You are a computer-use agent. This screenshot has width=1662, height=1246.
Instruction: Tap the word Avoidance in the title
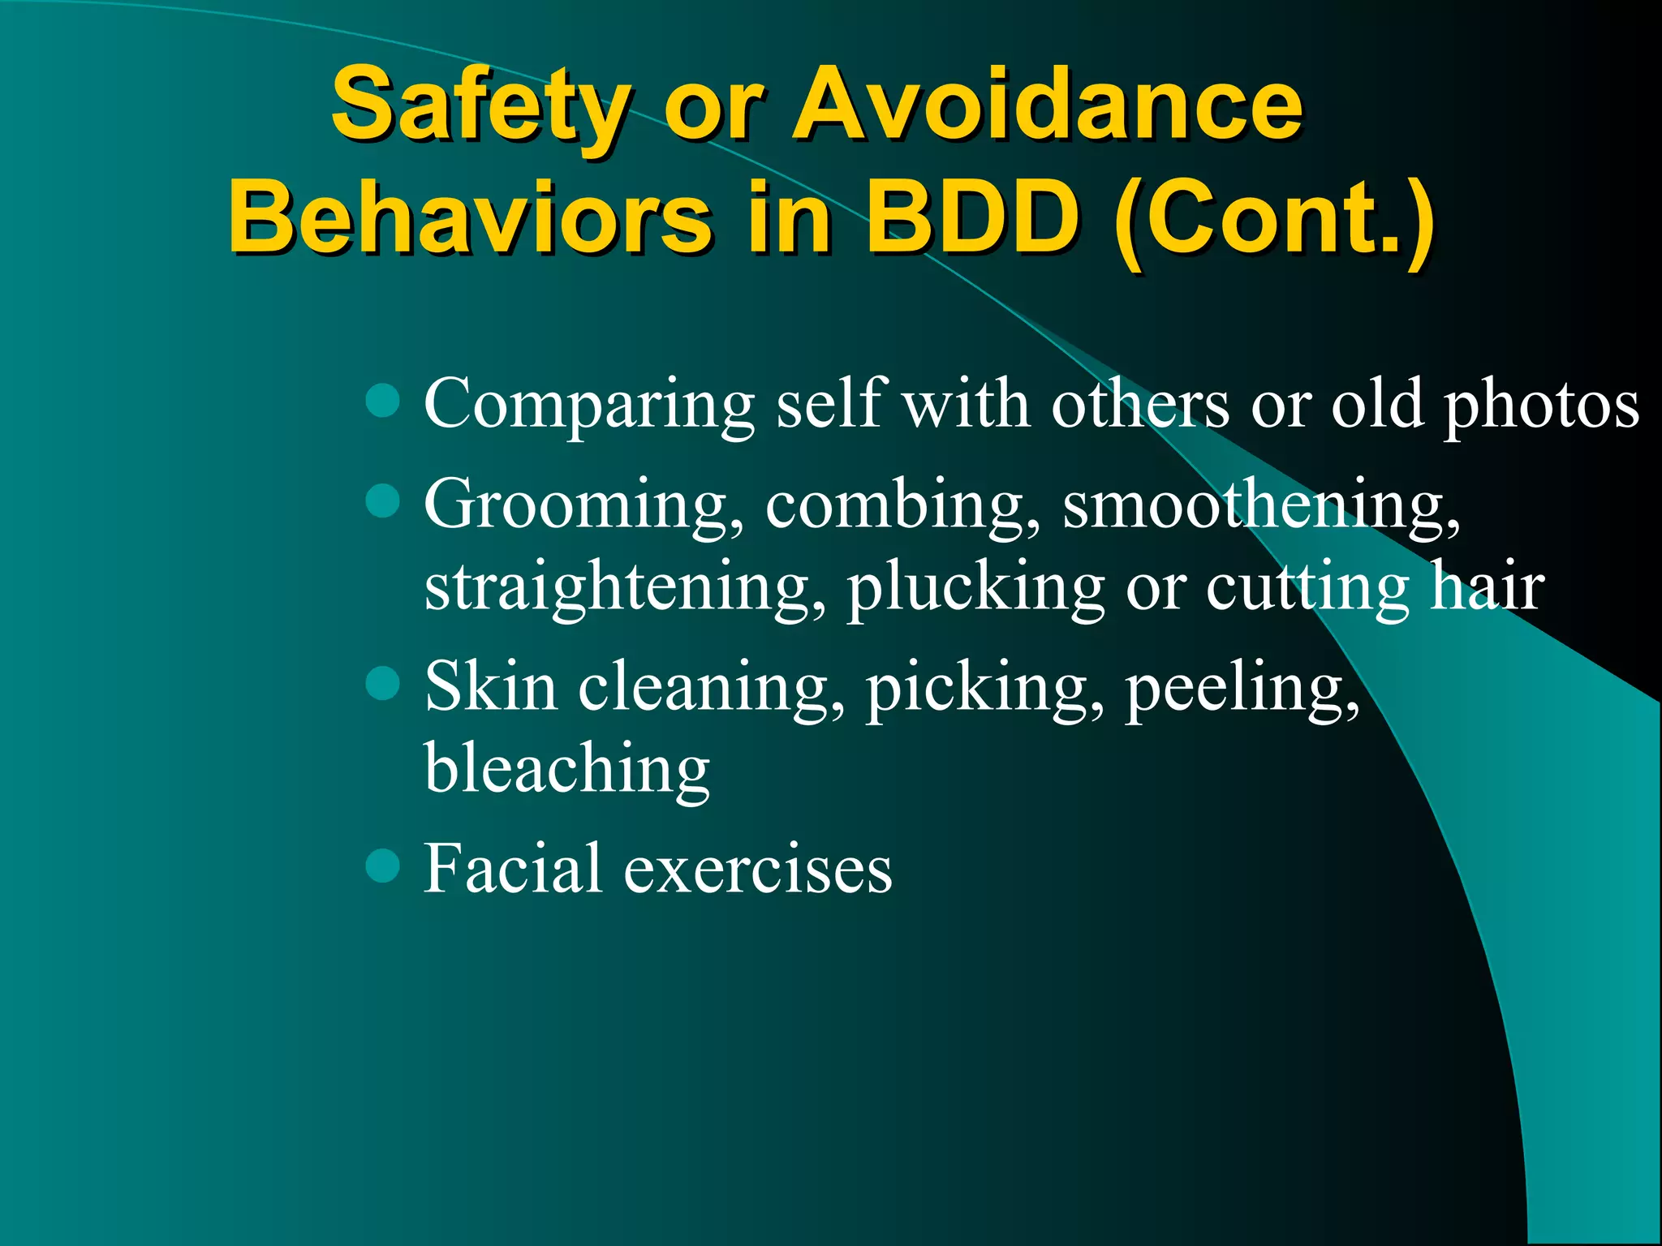click(1047, 105)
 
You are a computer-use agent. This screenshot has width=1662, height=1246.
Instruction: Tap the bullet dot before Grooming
click(382, 501)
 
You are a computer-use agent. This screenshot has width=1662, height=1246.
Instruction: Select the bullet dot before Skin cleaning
click(382, 683)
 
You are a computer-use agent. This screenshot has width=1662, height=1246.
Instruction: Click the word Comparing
click(589, 406)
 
